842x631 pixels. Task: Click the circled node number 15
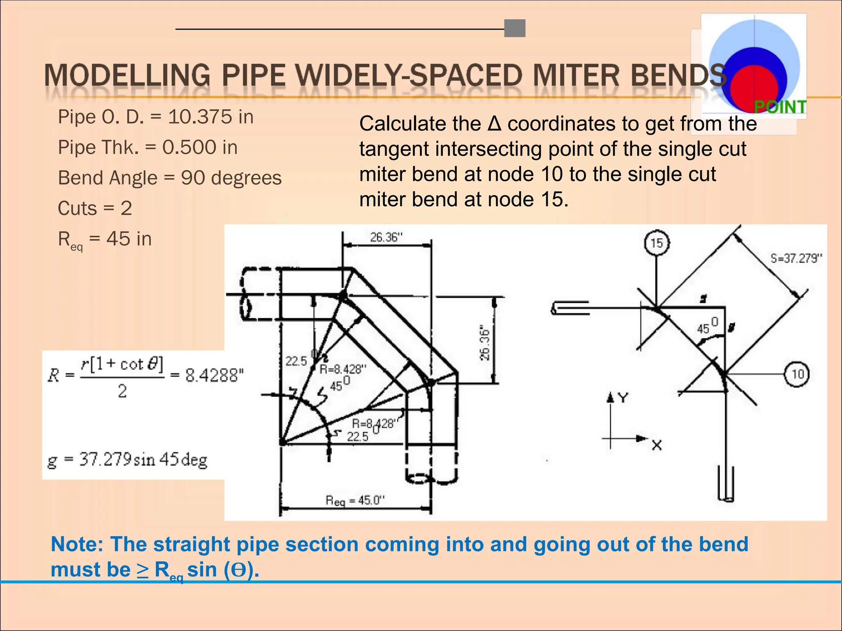pos(657,243)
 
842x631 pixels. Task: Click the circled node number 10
pos(797,374)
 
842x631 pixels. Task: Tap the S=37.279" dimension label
pos(796,258)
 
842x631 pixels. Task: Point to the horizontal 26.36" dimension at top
pos(386,237)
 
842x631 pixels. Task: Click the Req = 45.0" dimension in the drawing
pos(355,500)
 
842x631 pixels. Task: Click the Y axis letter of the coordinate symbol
pos(623,398)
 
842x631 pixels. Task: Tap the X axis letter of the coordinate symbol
pos(657,445)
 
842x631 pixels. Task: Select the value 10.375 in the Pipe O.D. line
pos(200,117)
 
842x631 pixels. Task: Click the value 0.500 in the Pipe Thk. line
pos(189,147)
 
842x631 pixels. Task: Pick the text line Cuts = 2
pos(95,208)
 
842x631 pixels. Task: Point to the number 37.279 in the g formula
pos(106,459)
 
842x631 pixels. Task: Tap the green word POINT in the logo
pos(780,107)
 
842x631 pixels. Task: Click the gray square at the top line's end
pos(515,28)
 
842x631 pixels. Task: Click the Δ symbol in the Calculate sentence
pos(494,124)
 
